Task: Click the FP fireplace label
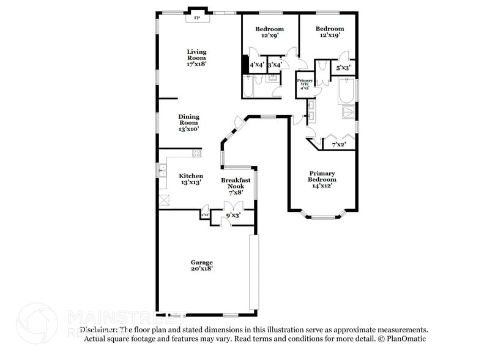[x=197, y=18]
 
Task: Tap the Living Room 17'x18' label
[x=196, y=58]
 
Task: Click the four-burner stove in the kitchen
[x=196, y=154]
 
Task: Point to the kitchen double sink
[x=163, y=171]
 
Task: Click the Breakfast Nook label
[x=236, y=186]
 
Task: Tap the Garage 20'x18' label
[x=201, y=265]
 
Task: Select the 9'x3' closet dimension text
[x=233, y=216]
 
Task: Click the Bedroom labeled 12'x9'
[x=269, y=32]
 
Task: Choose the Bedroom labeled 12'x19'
[x=329, y=32]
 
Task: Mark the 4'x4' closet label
[x=257, y=64]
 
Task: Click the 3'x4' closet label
[x=275, y=64]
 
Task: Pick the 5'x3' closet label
[x=343, y=68]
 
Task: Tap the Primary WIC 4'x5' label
[x=305, y=84]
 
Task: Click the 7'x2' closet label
[x=339, y=145]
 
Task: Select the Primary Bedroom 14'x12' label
[x=322, y=179]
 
